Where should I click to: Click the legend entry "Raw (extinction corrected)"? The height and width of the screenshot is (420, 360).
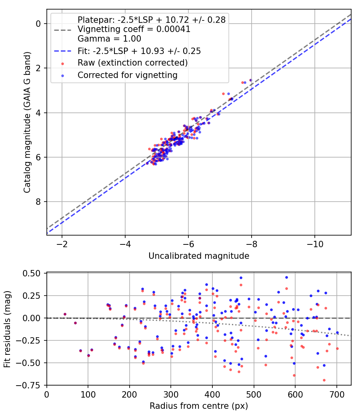(132, 63)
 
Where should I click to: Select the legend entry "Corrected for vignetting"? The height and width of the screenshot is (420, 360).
(128, 75)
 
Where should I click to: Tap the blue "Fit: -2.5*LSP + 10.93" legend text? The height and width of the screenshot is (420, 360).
(139, 51)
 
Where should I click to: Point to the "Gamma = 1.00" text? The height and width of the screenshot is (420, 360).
(109, 39)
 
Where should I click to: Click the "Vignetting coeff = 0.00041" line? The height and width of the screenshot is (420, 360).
(134, 29)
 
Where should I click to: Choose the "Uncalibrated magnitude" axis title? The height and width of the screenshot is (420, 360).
(199, 256)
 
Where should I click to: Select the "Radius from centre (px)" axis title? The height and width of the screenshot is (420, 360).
(199, 406)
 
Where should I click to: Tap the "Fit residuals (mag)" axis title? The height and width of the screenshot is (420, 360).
(7, 329)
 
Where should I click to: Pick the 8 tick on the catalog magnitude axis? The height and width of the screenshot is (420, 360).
(38, 202)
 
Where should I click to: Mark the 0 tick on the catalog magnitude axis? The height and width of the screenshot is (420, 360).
(38, 24)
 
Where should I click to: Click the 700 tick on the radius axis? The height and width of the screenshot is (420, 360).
(336, 394)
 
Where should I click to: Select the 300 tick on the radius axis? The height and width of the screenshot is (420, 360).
(171, 394)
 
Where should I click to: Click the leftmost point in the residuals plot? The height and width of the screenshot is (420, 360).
(65, 314)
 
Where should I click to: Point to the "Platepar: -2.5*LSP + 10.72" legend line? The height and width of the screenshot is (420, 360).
(152, 20)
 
